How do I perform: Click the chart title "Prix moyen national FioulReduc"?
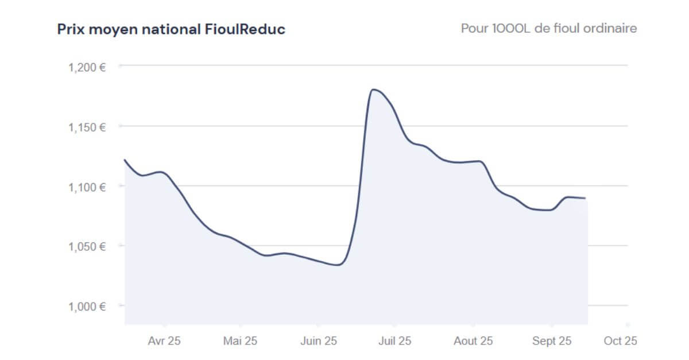(x=171, y=29)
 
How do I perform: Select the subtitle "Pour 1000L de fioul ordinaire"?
(x=548, y=28)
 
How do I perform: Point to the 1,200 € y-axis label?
(x=87, y=67)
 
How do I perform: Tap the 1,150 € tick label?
(x=87, y=126)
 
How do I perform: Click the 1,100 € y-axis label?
(x=87, y=187)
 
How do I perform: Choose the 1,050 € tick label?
(x=87, y=246)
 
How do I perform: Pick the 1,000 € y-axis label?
(x=87, y=307)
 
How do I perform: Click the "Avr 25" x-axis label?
(x=164, y=341)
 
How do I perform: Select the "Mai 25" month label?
(x=240, y=341)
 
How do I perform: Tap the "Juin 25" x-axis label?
(x=319, y=341)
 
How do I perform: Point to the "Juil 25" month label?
(x=394, y=341)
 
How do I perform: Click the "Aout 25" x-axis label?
(x=473, y=341)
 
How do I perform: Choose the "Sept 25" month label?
(x=552, y=341)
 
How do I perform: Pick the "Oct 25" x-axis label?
(x=620, y=341)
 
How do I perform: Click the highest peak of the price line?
(x=374, y=90)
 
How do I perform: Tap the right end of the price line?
(x=585, y=198)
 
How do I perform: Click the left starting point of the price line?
(x=125, y=160)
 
